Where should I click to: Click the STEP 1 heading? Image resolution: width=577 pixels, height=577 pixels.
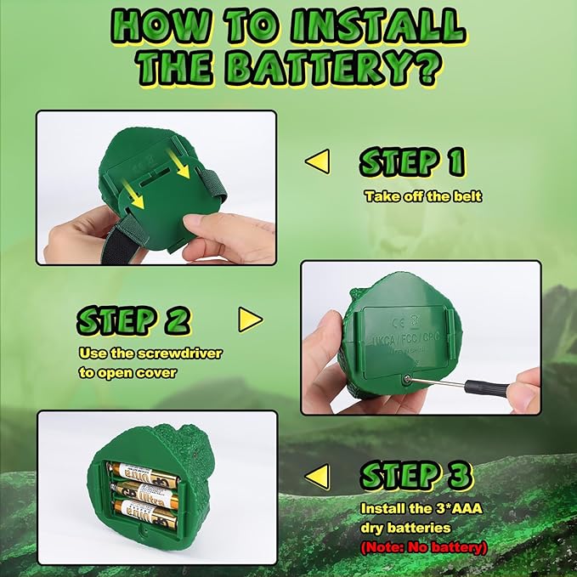click(x=412, y=162)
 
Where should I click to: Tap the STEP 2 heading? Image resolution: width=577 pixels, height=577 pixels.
click(x=133, y=320)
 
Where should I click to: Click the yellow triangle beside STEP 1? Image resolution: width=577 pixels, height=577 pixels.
click(x=317, y=161)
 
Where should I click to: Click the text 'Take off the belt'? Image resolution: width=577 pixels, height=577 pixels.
click(x=423, y=196)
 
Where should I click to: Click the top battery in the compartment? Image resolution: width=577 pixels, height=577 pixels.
click(x=144, y=470)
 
